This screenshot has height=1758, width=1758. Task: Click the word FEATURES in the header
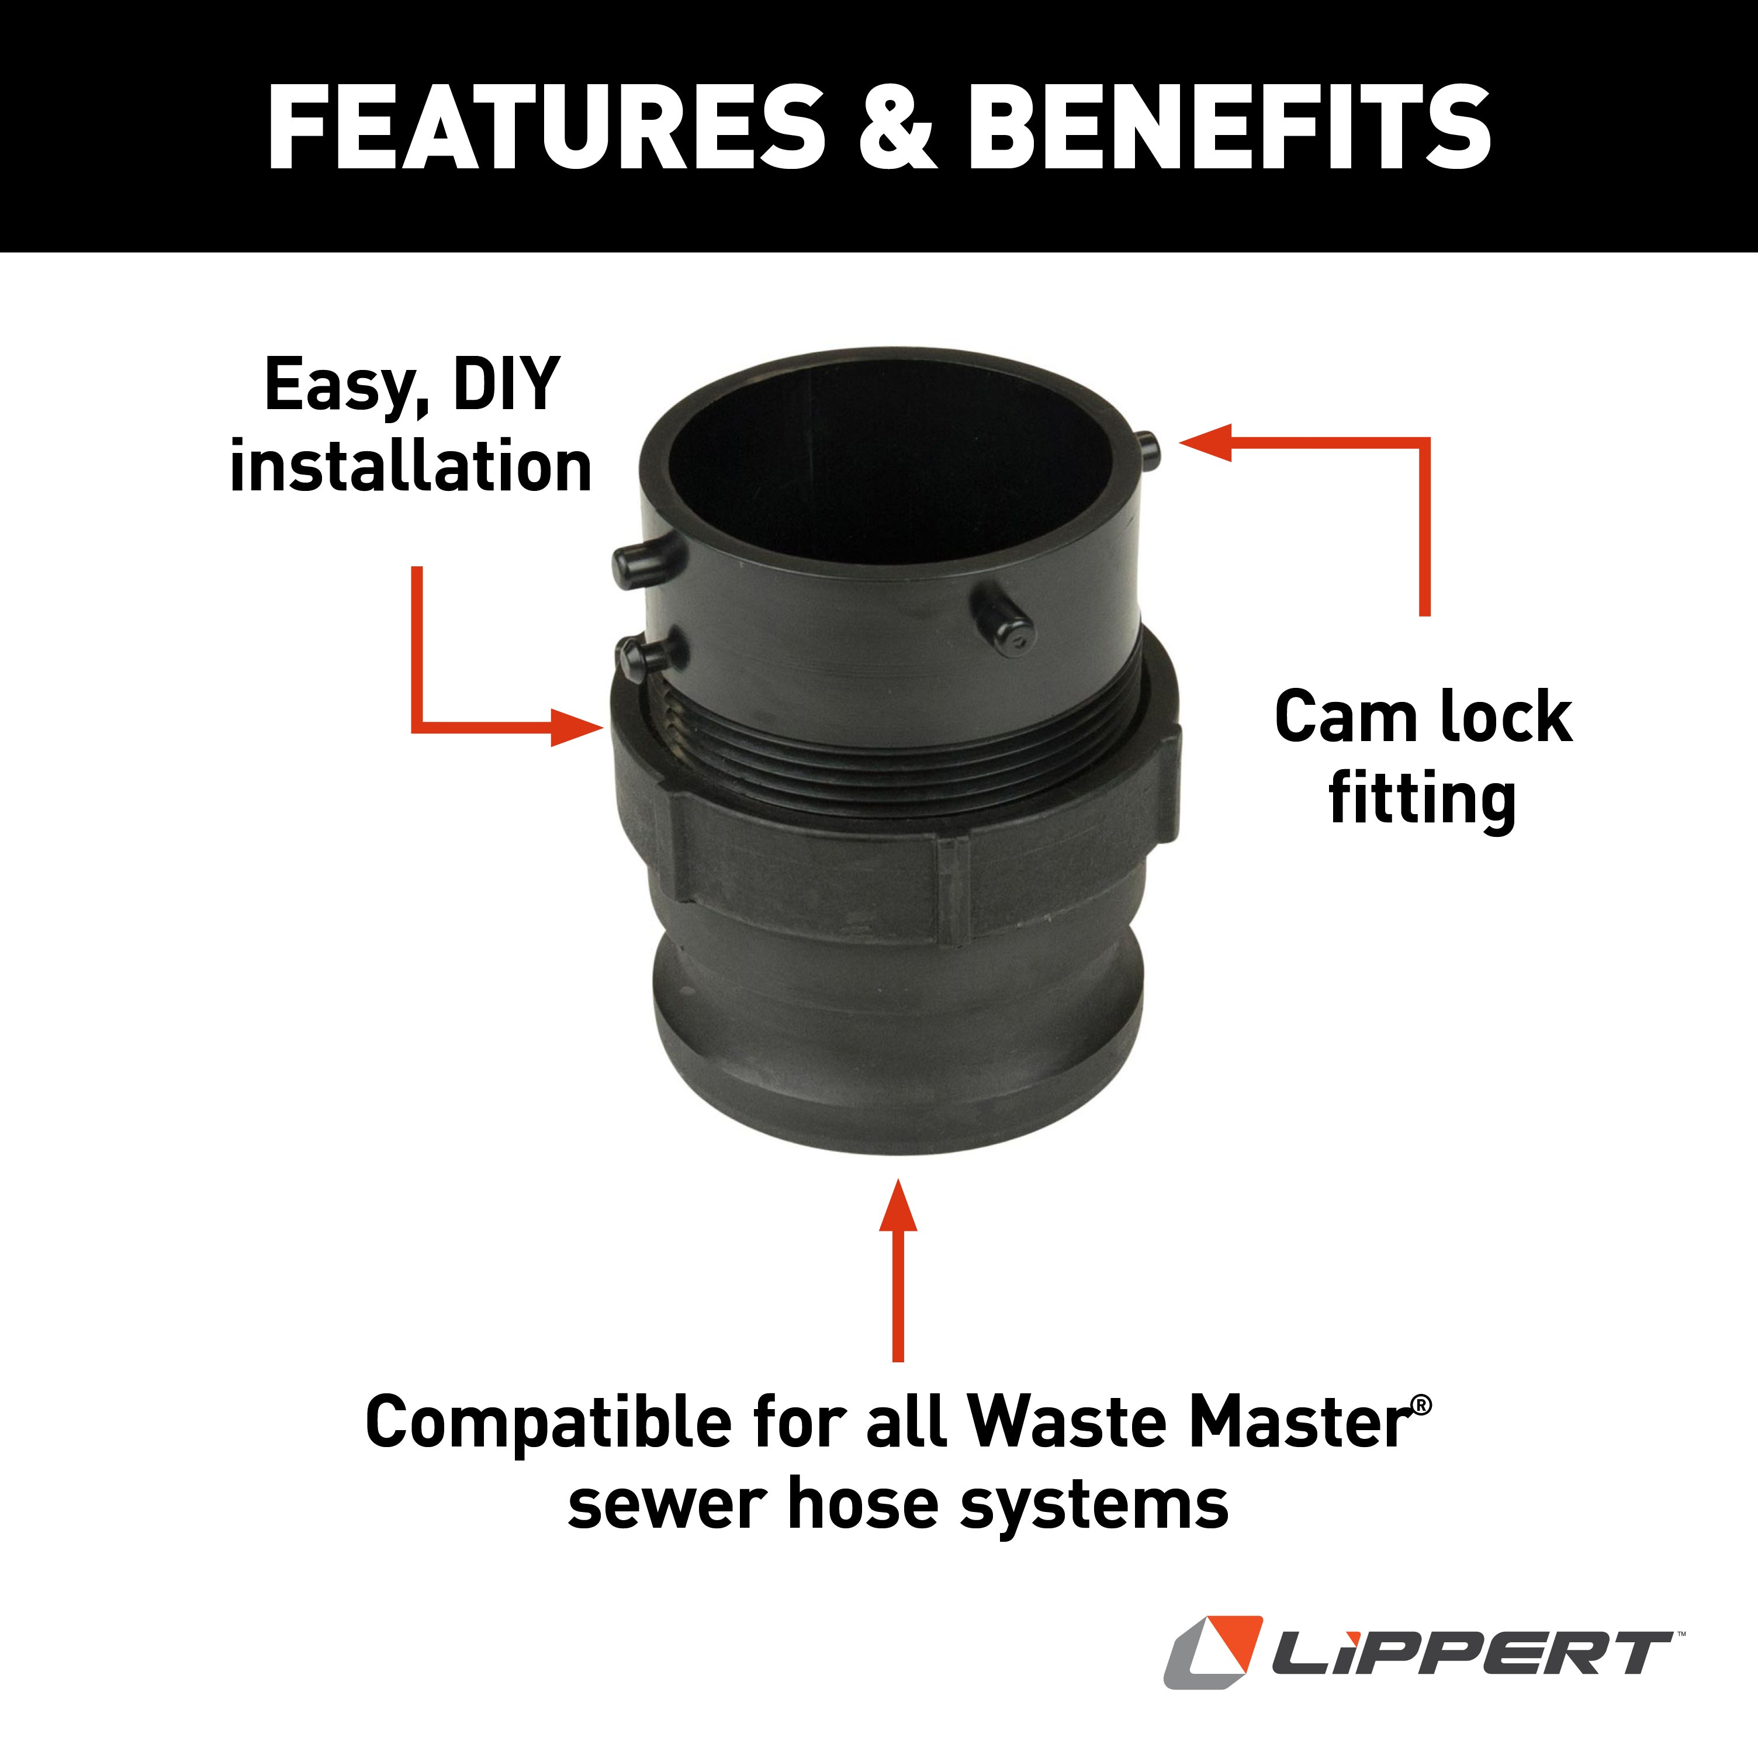click(x=546, y=127)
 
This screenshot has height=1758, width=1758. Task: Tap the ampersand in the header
click(x=897, y=127)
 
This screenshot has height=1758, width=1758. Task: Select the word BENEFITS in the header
click(x=1228, y=127)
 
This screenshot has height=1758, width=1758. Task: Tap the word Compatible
click(x=548, y=1422)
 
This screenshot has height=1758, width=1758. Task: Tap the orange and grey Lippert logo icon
click(x=1213, y=1652)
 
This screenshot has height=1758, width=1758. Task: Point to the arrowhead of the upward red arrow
click(x=898, y=1206)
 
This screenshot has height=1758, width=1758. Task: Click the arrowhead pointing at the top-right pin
click(x=1206, y=443)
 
